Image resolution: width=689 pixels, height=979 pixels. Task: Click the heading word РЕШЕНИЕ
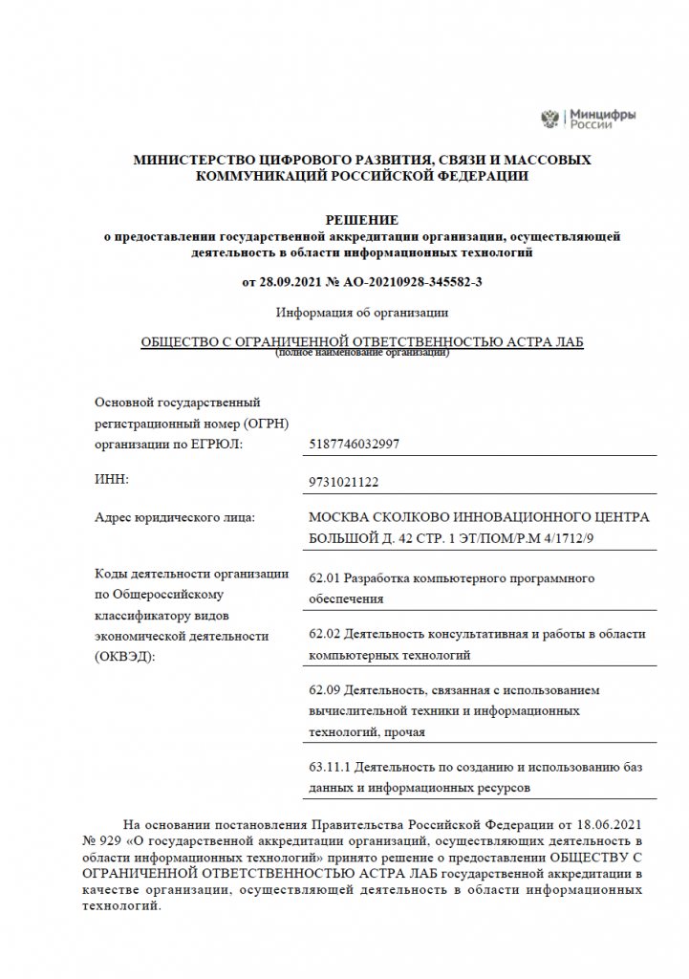pyautogui.click(x=362, y=220)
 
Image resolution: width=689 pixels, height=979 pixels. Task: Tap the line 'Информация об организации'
pyautogui.click(x=362, y=312)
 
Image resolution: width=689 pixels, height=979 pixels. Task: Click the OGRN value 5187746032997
pyautogui.click(x=355, y=444)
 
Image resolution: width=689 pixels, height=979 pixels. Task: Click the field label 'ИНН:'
pyautogui.click(x=111, y=478)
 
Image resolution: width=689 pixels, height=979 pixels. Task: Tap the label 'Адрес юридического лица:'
pyautogui.click(x=174, y=517)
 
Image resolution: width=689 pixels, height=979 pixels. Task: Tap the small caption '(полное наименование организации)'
pyautogui.click(x=362, y=354)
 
